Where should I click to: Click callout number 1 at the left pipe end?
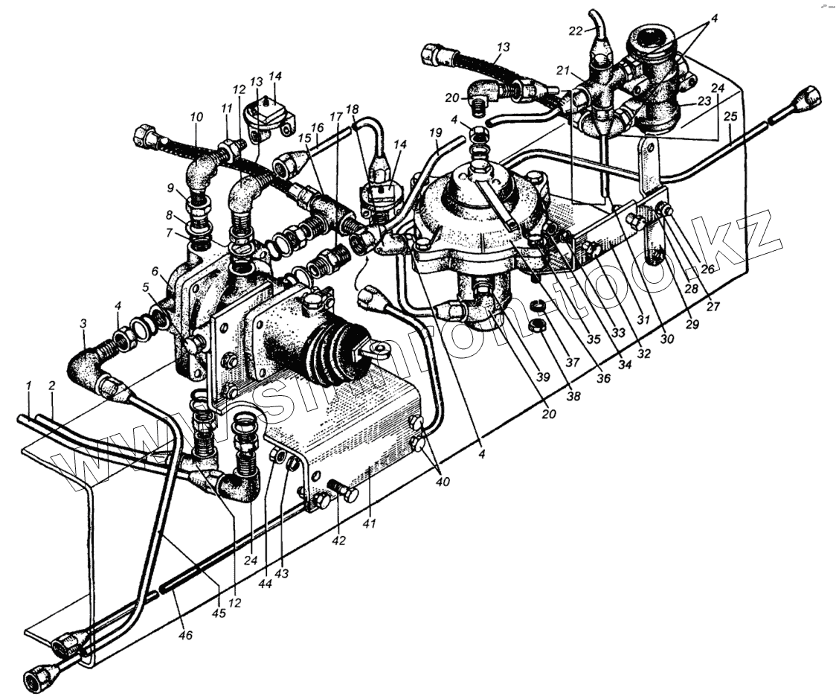28,386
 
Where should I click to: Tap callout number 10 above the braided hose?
195,118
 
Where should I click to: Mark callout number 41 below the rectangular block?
370,523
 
